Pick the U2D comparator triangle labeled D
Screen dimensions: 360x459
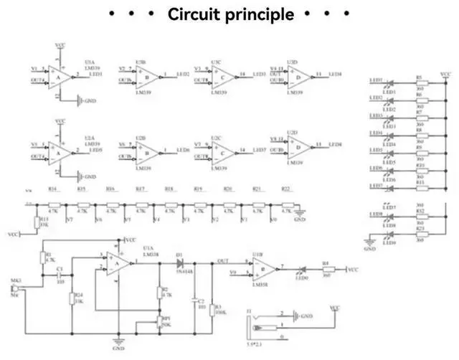(298, 146)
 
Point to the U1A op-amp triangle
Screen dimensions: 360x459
(118, 265)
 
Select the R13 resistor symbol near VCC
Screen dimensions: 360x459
(36, 223)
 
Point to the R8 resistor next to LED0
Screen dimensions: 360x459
(325, 270)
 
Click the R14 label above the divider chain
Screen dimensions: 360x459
(52, 189)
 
